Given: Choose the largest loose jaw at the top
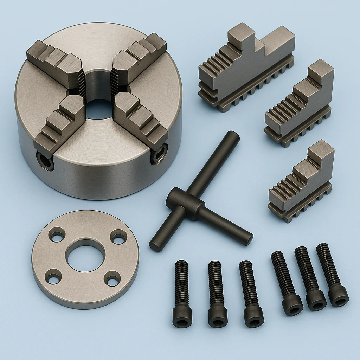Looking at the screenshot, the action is tap(246, 67).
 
